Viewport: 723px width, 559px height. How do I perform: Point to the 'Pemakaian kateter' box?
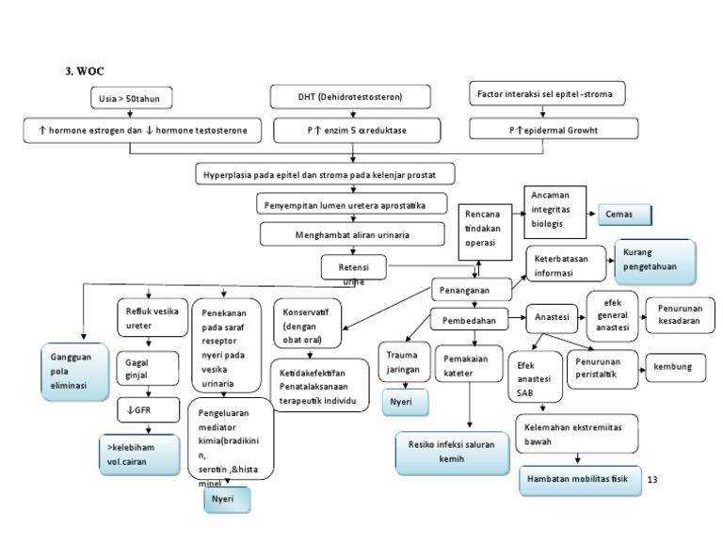(x=469, y=365)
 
